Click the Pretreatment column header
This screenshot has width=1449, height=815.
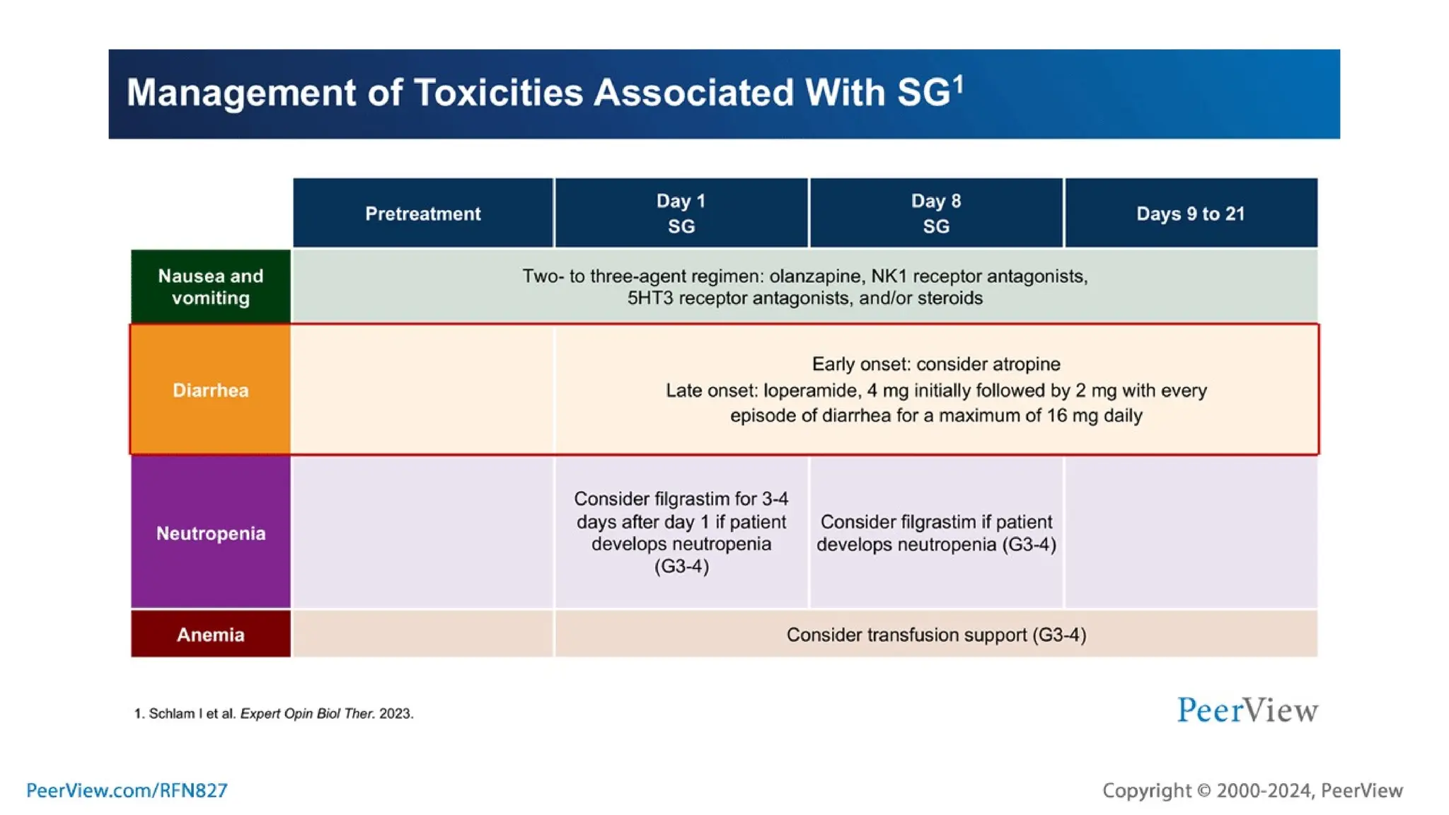click(422, 214)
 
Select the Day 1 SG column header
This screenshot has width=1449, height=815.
click(681, 214)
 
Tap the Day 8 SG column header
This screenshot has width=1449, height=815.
click(935, 214)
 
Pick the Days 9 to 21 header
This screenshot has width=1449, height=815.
click(1190, 214)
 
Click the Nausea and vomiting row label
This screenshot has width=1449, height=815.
click(210, 287)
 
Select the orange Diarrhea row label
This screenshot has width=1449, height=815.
click(210, 390)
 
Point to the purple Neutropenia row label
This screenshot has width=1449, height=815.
click(210, 533)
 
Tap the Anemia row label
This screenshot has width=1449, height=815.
click(210, 635)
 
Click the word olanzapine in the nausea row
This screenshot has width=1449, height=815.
click(815, 276)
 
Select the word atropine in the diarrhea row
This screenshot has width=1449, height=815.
click(1025, 364)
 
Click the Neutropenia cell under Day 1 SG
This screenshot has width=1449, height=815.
click(681, 532)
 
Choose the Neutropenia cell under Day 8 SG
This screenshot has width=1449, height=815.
click(935, 533)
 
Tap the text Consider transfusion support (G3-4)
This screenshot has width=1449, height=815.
click(935, 635)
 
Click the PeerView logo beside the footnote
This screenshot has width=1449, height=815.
click(1247, 710)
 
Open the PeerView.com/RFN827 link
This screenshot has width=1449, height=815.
click(127, 790)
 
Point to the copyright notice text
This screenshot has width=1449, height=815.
click(1252, 790)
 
